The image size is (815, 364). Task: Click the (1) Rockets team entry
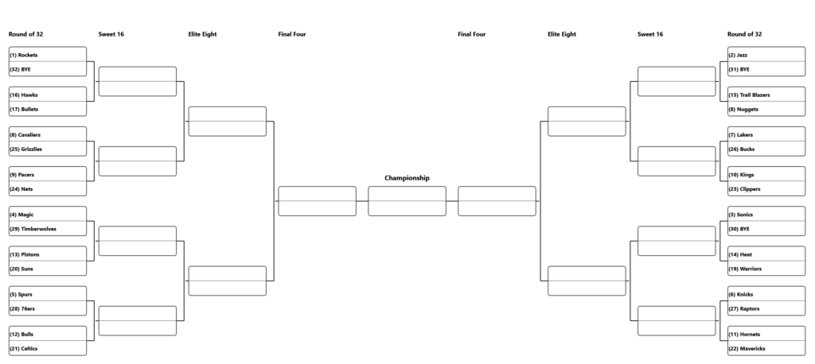coord(48,55)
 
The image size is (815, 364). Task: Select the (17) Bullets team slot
coord(48,109)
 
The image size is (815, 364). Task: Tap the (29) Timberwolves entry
coord(48,228)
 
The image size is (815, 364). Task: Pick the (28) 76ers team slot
coord(48,308)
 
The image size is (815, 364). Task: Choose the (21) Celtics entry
coord(48,348)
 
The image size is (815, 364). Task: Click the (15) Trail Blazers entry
coord(766,95)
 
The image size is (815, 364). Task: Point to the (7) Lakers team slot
coord(766,134)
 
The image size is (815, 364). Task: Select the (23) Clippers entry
coord(766,189)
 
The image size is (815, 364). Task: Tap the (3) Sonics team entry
coord(766,215)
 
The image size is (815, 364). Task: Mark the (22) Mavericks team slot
coord(766,348)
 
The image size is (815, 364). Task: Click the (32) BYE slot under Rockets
coord(48,69)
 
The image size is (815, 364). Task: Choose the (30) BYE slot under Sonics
coord(766,228)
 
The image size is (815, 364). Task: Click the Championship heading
coord(407,177)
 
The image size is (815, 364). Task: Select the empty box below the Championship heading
coord(407,201)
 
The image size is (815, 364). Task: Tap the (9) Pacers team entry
coord(48,175)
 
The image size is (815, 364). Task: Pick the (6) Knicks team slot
coord(766,294)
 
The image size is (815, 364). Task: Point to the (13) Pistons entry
coord(48,254)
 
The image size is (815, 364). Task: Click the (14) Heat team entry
coord(766,254)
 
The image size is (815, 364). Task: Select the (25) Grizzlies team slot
coord(48,149)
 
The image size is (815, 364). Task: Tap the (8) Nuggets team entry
coord(766,109)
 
